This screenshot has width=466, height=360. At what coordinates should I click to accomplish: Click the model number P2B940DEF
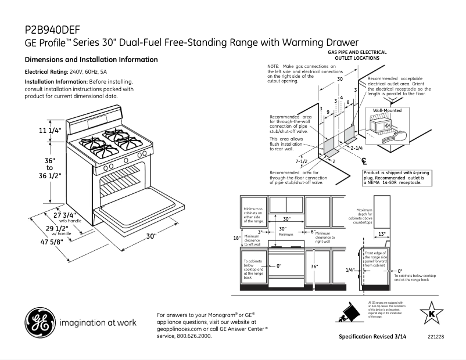point(52,29)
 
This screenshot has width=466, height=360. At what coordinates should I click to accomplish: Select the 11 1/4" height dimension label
point(50,131)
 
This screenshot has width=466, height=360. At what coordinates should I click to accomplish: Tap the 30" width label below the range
point(151,236)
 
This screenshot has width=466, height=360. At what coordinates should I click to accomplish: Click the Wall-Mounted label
point(387,110)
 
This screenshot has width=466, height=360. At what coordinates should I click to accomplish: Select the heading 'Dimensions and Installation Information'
point(91,60)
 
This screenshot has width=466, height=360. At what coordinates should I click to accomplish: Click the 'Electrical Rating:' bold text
point(46,72)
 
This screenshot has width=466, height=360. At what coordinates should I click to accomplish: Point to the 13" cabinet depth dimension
point(381,233)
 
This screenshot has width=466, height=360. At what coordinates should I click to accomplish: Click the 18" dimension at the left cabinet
point(236,238)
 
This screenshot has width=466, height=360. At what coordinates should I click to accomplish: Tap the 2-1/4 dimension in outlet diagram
point(357,148)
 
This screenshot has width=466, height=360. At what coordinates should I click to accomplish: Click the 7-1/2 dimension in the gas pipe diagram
point(301,160)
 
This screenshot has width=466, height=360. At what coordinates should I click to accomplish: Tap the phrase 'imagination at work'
point(95,322)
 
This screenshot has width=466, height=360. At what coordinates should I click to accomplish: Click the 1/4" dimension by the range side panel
point(350,270)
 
